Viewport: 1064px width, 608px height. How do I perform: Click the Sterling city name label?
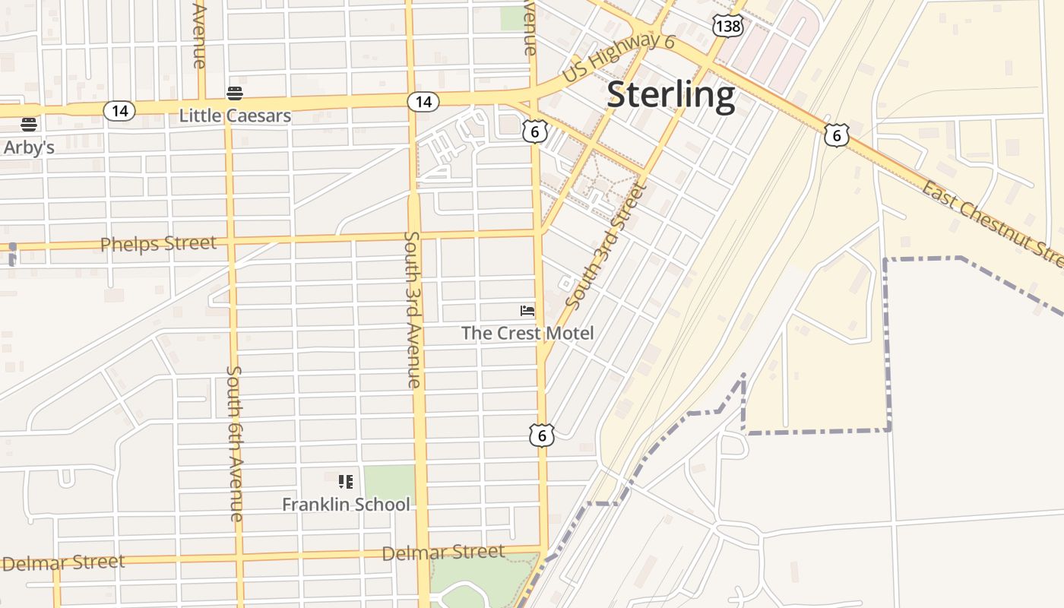tap(671, 95)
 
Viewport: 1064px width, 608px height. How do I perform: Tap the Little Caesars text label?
tap(235, 116)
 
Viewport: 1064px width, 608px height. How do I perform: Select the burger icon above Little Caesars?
tap(235, 93)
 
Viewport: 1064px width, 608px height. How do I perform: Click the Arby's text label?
tap(29, 147)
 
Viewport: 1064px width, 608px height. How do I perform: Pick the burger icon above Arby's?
tap(29, 124)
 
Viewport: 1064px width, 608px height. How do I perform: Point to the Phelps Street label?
tap(158, 244)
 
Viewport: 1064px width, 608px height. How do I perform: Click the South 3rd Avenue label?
tap(412, 309)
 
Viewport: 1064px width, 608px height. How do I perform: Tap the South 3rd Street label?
tap(606, 246)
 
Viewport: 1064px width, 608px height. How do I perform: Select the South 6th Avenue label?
tap(235, 443)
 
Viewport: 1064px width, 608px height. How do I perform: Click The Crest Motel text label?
tap(527, 333)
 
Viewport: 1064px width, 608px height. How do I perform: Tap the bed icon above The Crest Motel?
tap(527, 310)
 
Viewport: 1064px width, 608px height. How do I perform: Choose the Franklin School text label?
tap(346, 504)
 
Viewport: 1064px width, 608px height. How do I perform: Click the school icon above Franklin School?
tap(346, 481)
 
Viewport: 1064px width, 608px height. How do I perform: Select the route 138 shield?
tap(728, 26)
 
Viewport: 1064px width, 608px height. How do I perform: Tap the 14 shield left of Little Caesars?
tap(119, 111)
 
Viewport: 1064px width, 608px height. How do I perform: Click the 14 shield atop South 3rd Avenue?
tap(423, 101)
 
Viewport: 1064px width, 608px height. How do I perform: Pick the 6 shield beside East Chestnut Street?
tap(836, 135)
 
